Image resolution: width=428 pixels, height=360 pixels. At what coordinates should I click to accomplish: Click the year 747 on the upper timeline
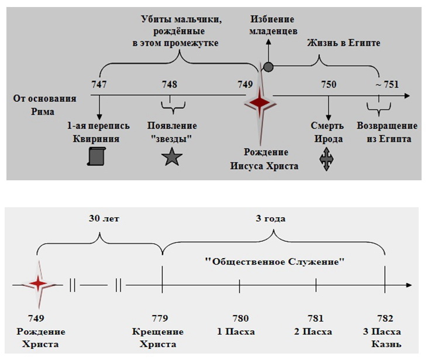(x=99, y=84)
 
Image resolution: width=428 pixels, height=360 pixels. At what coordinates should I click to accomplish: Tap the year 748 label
(x=170, y=84)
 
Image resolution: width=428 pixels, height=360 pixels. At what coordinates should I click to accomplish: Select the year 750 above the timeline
(x=329, y=84)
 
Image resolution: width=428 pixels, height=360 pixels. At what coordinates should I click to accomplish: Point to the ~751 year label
(x=387, y=84)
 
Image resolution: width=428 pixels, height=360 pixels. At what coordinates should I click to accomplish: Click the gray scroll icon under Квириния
(x=96, y=156)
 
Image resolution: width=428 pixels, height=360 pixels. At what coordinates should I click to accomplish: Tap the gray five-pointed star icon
(x=172, y=157)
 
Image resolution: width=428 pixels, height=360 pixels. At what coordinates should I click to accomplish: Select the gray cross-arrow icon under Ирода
(x=326, y=159)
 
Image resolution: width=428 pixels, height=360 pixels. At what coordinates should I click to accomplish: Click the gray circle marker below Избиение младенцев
(x=268, y=67)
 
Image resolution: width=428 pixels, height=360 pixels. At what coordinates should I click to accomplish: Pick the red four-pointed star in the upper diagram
(x=260, y=103)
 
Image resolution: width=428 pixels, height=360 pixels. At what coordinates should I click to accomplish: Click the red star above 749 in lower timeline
(x=39, y=284)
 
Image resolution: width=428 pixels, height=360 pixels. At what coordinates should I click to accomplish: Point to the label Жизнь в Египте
(x=344, y=43)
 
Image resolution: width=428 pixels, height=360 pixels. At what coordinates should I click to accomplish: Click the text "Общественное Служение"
(x=275, y=262)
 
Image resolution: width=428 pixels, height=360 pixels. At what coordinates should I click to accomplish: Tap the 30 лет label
(x=104, y=219)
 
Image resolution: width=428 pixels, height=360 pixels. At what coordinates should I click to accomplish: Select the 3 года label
(x=271, y=219)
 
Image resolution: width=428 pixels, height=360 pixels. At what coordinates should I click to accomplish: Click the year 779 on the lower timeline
(x=160, y=318)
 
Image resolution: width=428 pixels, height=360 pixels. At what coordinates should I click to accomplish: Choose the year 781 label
(x=316, y=318)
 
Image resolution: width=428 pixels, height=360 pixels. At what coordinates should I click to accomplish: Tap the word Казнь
(x=386, y=344)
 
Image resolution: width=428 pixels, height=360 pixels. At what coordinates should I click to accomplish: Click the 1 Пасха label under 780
(x=236, y=331)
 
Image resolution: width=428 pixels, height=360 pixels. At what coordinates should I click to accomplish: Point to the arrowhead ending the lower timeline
(x=409, y=285)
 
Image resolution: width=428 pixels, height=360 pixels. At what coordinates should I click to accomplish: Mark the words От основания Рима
(x=44, y=105)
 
